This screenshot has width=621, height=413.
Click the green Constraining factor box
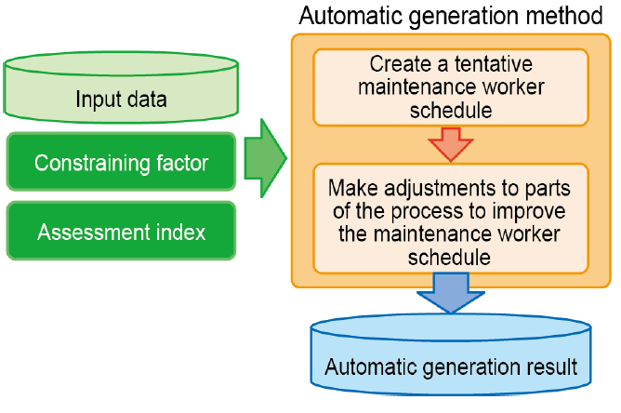click(121, 162)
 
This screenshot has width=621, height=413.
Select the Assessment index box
click(121, 231)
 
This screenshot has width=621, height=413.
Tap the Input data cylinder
click(121, 87)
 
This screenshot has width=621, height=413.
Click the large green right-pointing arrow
click(265, 158)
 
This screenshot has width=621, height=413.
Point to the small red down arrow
click(451, 144)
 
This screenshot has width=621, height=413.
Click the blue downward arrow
click(451, 292)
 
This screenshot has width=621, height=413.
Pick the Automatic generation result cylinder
click(451, 354)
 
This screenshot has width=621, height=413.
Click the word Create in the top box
click(401, 64)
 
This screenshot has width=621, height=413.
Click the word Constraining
click(92, 164)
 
